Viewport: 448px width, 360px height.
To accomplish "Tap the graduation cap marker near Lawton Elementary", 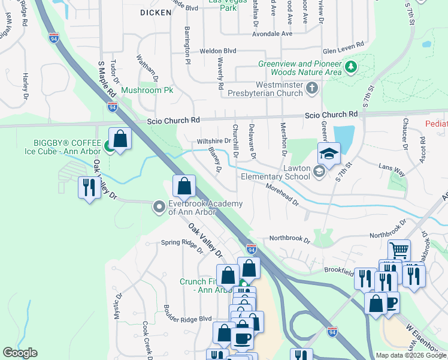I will point(329,155).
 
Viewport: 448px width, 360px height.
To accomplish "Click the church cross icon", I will point(311,89).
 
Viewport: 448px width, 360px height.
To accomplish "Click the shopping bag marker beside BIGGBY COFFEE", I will point(120,139).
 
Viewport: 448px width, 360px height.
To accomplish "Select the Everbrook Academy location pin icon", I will point(159,207).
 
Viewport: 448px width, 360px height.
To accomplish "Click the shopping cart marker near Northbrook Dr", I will point(399,250).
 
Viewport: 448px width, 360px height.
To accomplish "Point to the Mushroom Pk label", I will point(147,90).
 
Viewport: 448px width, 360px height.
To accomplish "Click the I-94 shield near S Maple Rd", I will point(112,107).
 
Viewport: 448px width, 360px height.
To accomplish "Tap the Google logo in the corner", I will point(20,353).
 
